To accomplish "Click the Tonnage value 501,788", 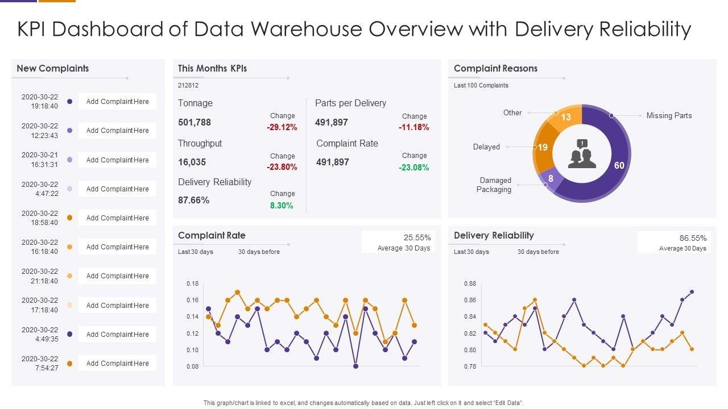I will point(195,122).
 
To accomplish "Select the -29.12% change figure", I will point(282,127).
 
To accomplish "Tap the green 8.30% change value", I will point(282,206).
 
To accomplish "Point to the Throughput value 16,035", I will point(192,162).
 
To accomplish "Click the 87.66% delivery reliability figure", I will point(194,200).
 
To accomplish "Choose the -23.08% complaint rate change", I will point(414,168).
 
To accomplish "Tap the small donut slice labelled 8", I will point(551,178).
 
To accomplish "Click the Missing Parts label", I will point(669,115).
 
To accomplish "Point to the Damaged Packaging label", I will point(495,185).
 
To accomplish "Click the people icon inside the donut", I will point(582,154).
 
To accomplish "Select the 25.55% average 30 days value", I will point(417,237).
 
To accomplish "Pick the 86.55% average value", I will point(693,238).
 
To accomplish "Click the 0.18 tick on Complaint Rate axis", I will point(192,283).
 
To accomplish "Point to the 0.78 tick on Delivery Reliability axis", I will point(469,366).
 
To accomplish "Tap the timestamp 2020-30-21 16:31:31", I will point(40,160).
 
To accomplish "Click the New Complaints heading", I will point(53,68).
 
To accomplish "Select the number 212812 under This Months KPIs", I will point(188,85).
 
